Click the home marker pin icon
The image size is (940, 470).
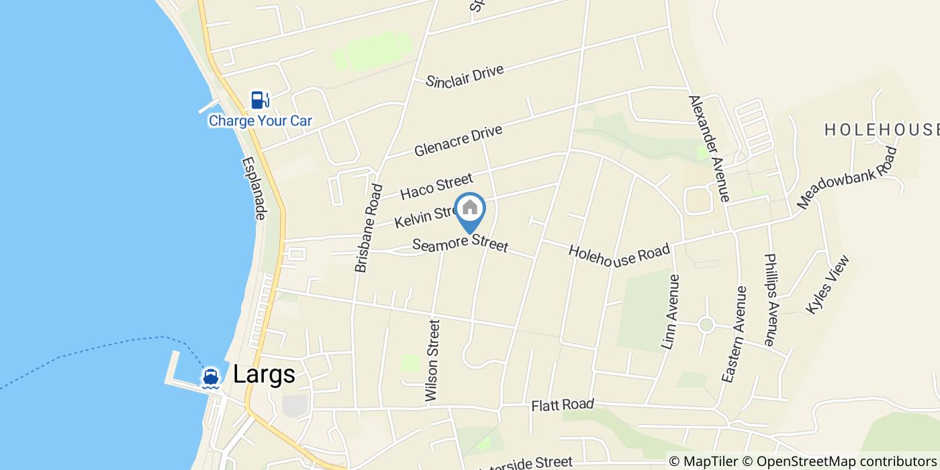click(x=470, y=209)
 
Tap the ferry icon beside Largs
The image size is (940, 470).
click(x=211, y=377)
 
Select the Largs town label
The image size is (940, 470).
click(x=264, y=375)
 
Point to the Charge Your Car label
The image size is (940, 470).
click(x=261, y=121)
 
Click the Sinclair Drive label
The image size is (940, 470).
click(x=465, y=76)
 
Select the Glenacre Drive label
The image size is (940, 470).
click(x=458, y=141)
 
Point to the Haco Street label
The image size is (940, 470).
click(x=436, y=186)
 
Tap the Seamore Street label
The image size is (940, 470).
click(x=460, y=244)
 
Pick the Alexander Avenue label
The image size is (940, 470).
click(x=708, y=148)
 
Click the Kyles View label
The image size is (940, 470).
click(x=828, y=284)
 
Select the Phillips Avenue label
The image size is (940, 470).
click(x=770, y=299)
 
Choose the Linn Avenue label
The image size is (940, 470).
click(x=671, y=312)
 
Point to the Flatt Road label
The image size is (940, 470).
click(x=563, y=405)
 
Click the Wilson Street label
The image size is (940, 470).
click(x=432, y=361)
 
